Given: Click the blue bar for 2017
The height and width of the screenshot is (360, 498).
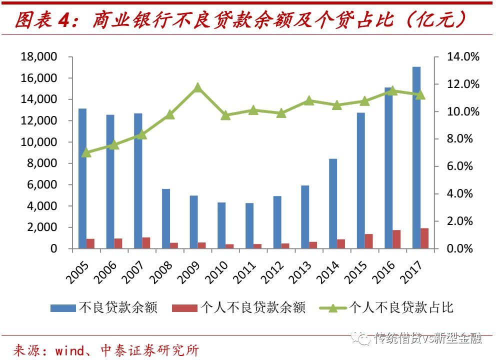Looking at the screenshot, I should (416, 157).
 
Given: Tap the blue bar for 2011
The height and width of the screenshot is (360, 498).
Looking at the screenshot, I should (249, 225).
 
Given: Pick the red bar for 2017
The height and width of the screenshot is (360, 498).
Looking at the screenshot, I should (424, 238).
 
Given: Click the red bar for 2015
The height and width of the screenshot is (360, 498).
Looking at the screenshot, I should (369, 241).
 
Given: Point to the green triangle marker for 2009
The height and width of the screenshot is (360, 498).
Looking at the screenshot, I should (197, 87).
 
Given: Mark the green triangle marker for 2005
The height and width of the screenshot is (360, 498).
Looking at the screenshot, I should (86, 152).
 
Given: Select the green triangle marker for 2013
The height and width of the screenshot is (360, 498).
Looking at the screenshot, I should (309, 100).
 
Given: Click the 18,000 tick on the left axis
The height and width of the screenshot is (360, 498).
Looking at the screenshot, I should (39, 57).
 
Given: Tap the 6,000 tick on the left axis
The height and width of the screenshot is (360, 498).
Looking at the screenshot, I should (42, 185).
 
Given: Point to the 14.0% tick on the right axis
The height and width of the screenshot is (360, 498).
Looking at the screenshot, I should (463, 57).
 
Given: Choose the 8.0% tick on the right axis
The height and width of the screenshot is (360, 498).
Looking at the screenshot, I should (463, 139).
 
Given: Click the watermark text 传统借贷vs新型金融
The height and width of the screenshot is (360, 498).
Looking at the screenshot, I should (427, 338).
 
